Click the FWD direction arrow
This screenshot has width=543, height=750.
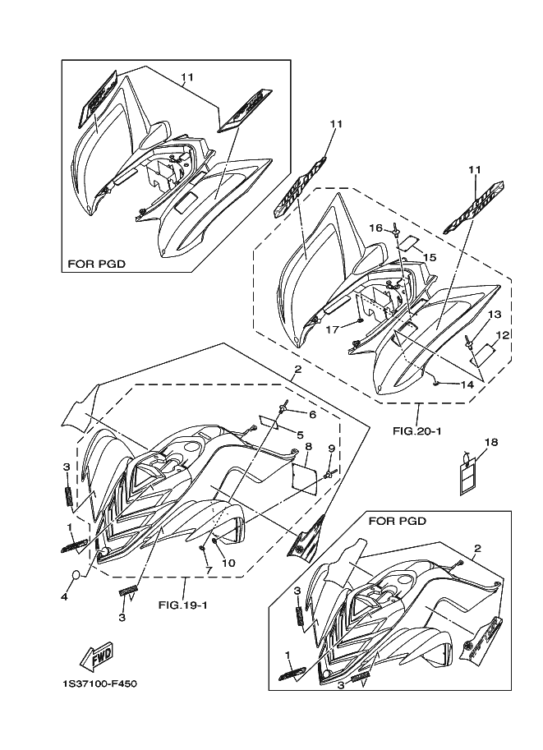[x=96, y=656]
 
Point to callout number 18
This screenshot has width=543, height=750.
[x=490, y=442]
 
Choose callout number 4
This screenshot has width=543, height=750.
[x=63, y=597]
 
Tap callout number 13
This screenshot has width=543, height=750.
[x=495, y=315]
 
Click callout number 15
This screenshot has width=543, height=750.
[x=429, y=258]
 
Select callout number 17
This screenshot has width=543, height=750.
[x=333, y=329]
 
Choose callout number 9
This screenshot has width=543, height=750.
[x=331, y=449]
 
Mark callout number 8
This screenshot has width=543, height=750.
[x=307, y=447]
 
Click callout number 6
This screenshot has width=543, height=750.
[x=312, y=415]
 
